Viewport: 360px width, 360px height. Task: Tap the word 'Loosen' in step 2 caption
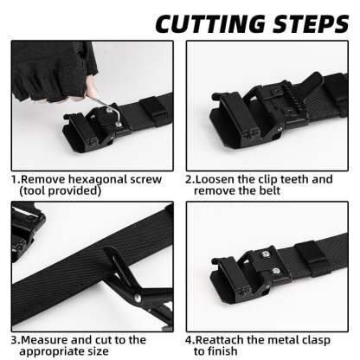click(x=218, y=179)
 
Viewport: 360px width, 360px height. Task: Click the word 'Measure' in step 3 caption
click(x=47, y=341)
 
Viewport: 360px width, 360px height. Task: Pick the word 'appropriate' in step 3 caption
click(x=54, y=352)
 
